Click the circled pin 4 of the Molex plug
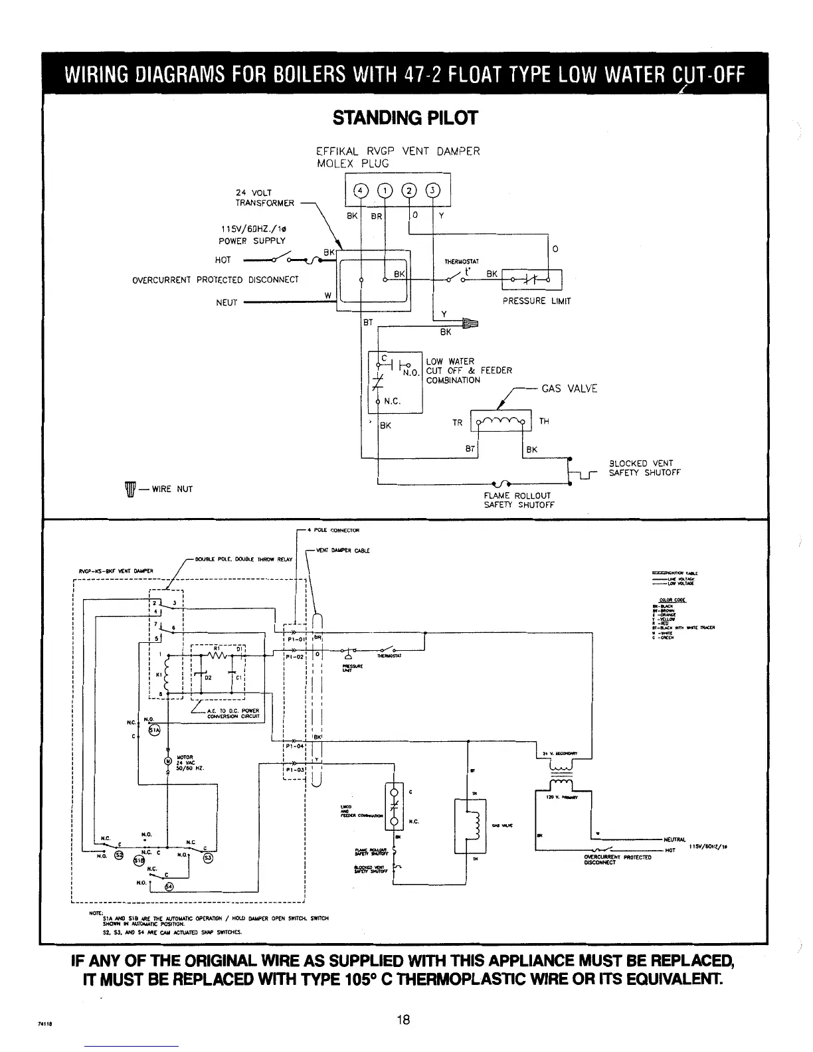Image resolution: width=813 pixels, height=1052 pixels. [x=361, y=190]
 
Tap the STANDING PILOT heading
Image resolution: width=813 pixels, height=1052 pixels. [x=405, y=118]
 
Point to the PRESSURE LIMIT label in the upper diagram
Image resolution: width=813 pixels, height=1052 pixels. [x=537, y=301]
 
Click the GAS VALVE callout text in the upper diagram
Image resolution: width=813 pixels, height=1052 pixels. [x=569, y=389]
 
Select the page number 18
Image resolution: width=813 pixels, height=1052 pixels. [x=403, y=1021]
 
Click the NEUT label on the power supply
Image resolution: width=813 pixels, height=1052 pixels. [x=226, y=302]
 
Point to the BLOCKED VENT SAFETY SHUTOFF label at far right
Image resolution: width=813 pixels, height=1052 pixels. [x=644, y=468]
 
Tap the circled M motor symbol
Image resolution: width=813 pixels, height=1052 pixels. [x=169, y=760]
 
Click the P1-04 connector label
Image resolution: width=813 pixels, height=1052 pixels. [x=294, y=746]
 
